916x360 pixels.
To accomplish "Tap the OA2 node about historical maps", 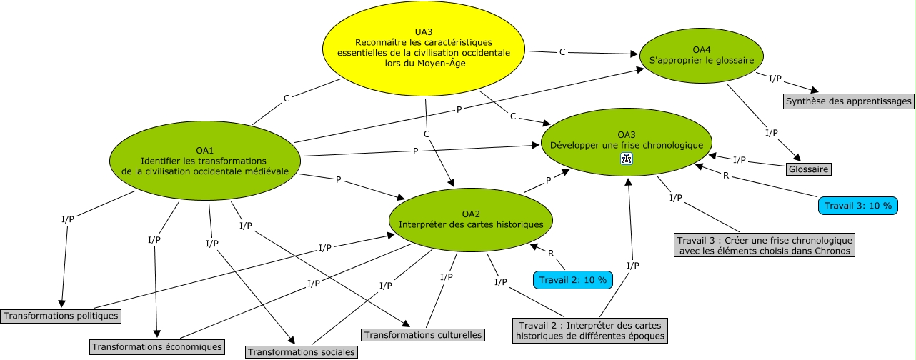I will click(471, 219).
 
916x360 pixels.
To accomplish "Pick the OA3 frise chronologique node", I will click(627, 139).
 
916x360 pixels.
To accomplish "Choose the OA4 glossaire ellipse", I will click(702, 55).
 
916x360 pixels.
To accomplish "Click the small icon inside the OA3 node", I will click(627, 159).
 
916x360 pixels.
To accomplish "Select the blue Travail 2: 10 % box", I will click(573, 280).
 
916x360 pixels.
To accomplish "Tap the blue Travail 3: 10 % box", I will click(858, 206).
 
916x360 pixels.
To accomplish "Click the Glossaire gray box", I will click(809, 169).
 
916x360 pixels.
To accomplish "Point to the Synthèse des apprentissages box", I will click(849, 101).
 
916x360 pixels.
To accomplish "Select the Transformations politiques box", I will click(60, 315).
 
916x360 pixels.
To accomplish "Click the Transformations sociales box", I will click(301, 351).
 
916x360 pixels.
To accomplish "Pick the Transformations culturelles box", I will click(424, 334).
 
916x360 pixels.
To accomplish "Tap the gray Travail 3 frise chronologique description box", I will click(764, 245).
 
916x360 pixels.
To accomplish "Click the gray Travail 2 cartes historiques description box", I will click(590, 330).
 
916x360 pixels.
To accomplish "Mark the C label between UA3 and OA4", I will click(562, 51).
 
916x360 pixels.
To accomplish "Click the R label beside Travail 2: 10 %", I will click(551, 253).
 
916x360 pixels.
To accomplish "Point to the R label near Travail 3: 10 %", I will click(726, 175).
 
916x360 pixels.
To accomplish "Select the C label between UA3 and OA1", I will click(287, 98).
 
